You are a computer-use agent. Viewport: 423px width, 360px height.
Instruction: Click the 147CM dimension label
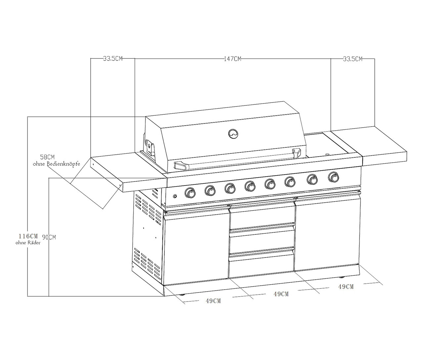coord(233,59)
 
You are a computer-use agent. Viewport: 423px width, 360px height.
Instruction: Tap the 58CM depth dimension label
coord(47,157)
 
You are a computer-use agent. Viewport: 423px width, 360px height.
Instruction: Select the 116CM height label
coord(28,236)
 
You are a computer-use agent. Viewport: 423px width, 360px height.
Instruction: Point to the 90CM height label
coord(49,237)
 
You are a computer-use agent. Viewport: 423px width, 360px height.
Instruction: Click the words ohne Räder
coord(28,243)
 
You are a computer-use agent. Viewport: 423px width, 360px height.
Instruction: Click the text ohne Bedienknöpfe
coord(57,164)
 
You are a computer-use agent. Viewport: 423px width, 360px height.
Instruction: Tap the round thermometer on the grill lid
coord(233,134)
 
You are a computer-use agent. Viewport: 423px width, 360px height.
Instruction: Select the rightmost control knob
coord(334,177)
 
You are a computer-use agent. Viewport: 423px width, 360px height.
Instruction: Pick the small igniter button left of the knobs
coord(175,196)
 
